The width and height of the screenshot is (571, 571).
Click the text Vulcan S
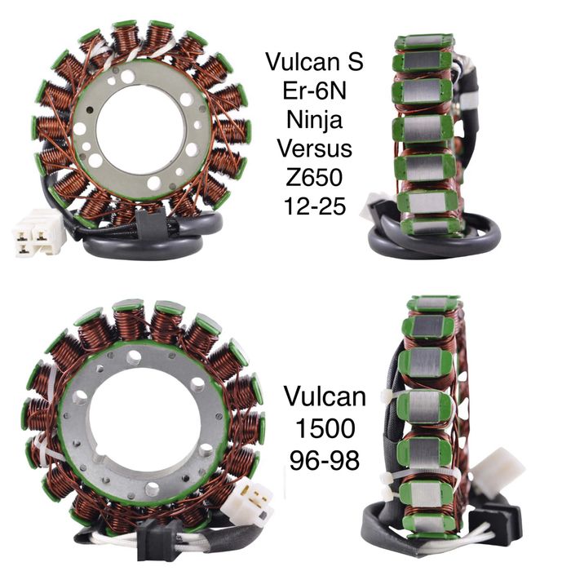(x=314, y=61)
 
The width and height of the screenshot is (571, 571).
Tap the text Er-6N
(x=314, y=91)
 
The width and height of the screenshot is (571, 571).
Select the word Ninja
(x=314, y=121)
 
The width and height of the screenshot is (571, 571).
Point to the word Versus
(x=315, y=148)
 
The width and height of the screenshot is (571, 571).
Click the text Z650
(x=314, y=177)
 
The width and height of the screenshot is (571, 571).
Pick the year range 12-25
(x=315, y=206)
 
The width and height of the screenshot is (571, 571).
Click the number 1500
(x=325, y=428)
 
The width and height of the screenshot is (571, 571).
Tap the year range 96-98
(x=325, y=460)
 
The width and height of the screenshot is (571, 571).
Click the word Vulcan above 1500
(x=325, y=396)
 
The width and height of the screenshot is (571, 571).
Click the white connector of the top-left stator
(x=38, y=233)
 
